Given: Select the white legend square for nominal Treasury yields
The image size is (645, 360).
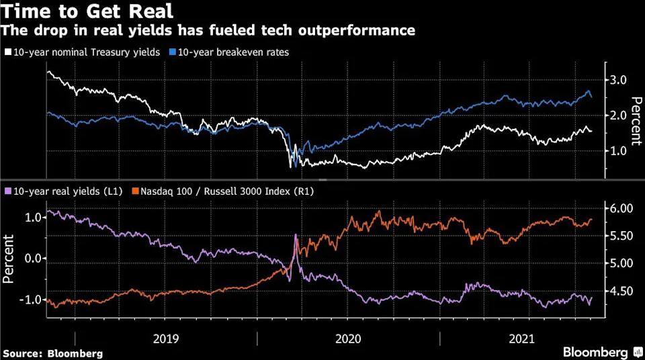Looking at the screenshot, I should [7, 52].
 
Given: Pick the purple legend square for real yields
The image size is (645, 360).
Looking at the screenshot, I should [7, 191].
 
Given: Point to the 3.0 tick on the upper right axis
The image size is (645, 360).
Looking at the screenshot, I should [617, 80].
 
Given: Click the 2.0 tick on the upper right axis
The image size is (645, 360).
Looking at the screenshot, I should [617, 116].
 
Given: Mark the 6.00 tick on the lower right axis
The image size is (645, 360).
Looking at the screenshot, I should [621, 208].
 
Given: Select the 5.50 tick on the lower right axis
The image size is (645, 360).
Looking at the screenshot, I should [621, 236].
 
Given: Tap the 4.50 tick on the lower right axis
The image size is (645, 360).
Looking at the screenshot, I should [621, 291].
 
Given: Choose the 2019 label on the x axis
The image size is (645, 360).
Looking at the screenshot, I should [166, 339].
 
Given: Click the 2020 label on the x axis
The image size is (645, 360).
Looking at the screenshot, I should [349, 339].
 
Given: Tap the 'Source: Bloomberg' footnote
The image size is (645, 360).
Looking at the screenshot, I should [52, 353].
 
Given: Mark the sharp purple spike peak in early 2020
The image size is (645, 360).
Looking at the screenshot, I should [296, 235].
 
